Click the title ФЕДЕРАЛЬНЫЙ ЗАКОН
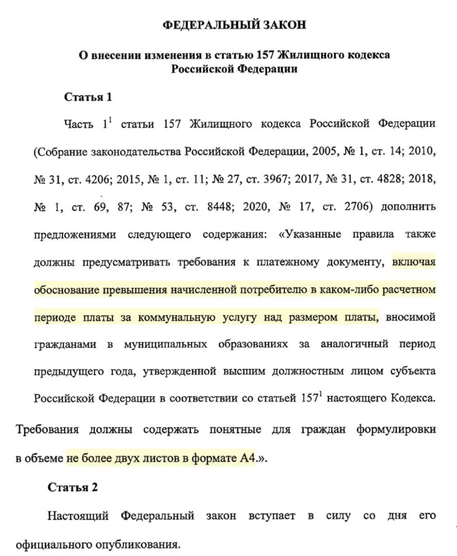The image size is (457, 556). (234, 25)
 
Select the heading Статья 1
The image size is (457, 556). (88, 97)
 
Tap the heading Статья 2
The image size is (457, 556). (72, 487)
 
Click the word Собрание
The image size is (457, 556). (63, 152)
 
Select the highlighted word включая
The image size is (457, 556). (414, 262)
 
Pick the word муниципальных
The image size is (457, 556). (165, 344)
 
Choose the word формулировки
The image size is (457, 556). (396, 430)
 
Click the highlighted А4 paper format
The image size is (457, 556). (247, 459)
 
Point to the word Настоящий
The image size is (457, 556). (78, 516)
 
